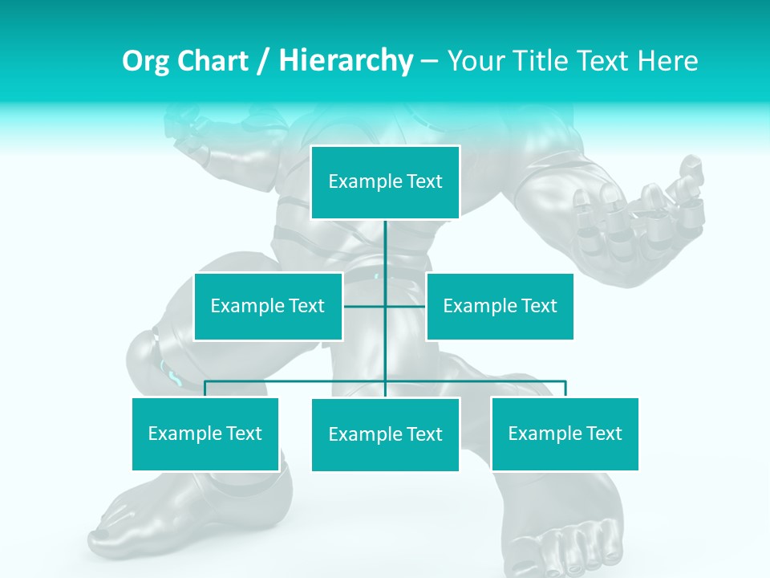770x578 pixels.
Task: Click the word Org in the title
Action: [x=145, y=61]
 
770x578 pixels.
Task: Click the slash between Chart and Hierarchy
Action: [x=262, y=62]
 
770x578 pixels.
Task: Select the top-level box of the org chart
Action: [x=385, y=182]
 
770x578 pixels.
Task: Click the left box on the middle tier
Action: [x=268, y=307]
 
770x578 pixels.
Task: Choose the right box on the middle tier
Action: [x=500, y=307]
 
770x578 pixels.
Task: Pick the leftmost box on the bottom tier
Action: [x=205, y=434]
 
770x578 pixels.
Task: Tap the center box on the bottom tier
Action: [x=385, y=435]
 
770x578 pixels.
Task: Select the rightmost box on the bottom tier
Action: [x=565, y=434]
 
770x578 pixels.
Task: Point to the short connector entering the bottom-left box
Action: [x=205, y=389]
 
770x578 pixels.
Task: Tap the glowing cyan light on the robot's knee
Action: [x=171, y=372]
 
